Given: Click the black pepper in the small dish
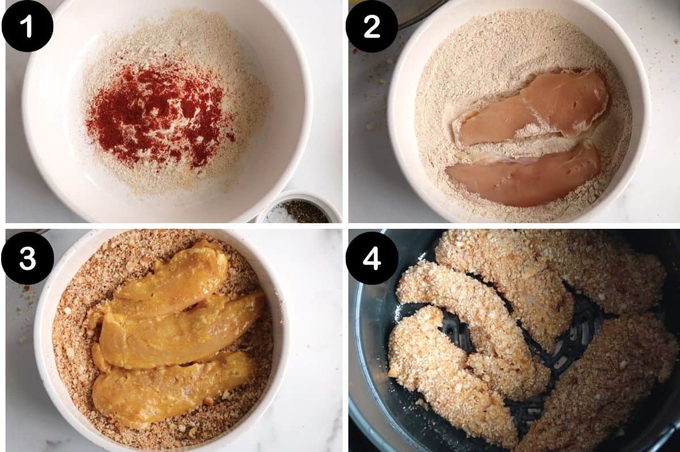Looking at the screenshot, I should point(306,211).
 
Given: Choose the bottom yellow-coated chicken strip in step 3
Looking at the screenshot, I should point(170,385).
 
